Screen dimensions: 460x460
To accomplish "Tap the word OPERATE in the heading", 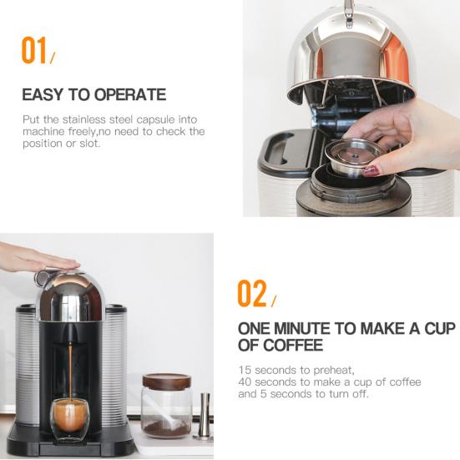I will pos(127,94).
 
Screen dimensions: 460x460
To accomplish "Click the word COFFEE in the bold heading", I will pos(292,345).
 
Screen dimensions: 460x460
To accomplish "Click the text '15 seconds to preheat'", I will pos(285,370).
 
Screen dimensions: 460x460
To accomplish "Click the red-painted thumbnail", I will pos(370,169).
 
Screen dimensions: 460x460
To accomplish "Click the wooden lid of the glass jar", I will pos(167,380).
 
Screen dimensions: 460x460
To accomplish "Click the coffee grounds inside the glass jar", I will pos(167,427).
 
